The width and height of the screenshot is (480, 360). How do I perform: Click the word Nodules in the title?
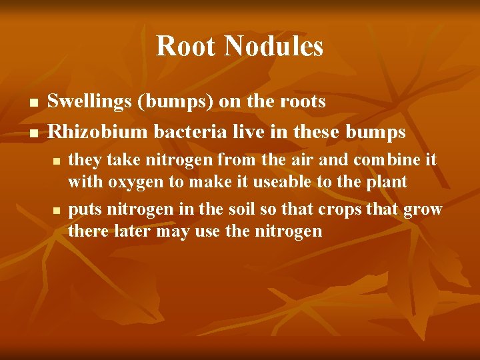pyautogui.click(x=274, y=46)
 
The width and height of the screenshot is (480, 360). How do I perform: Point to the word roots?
pyautogui.click(x=302, y=102)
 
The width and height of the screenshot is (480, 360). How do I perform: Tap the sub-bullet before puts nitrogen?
pyautogui.click(x=57, y=211)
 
